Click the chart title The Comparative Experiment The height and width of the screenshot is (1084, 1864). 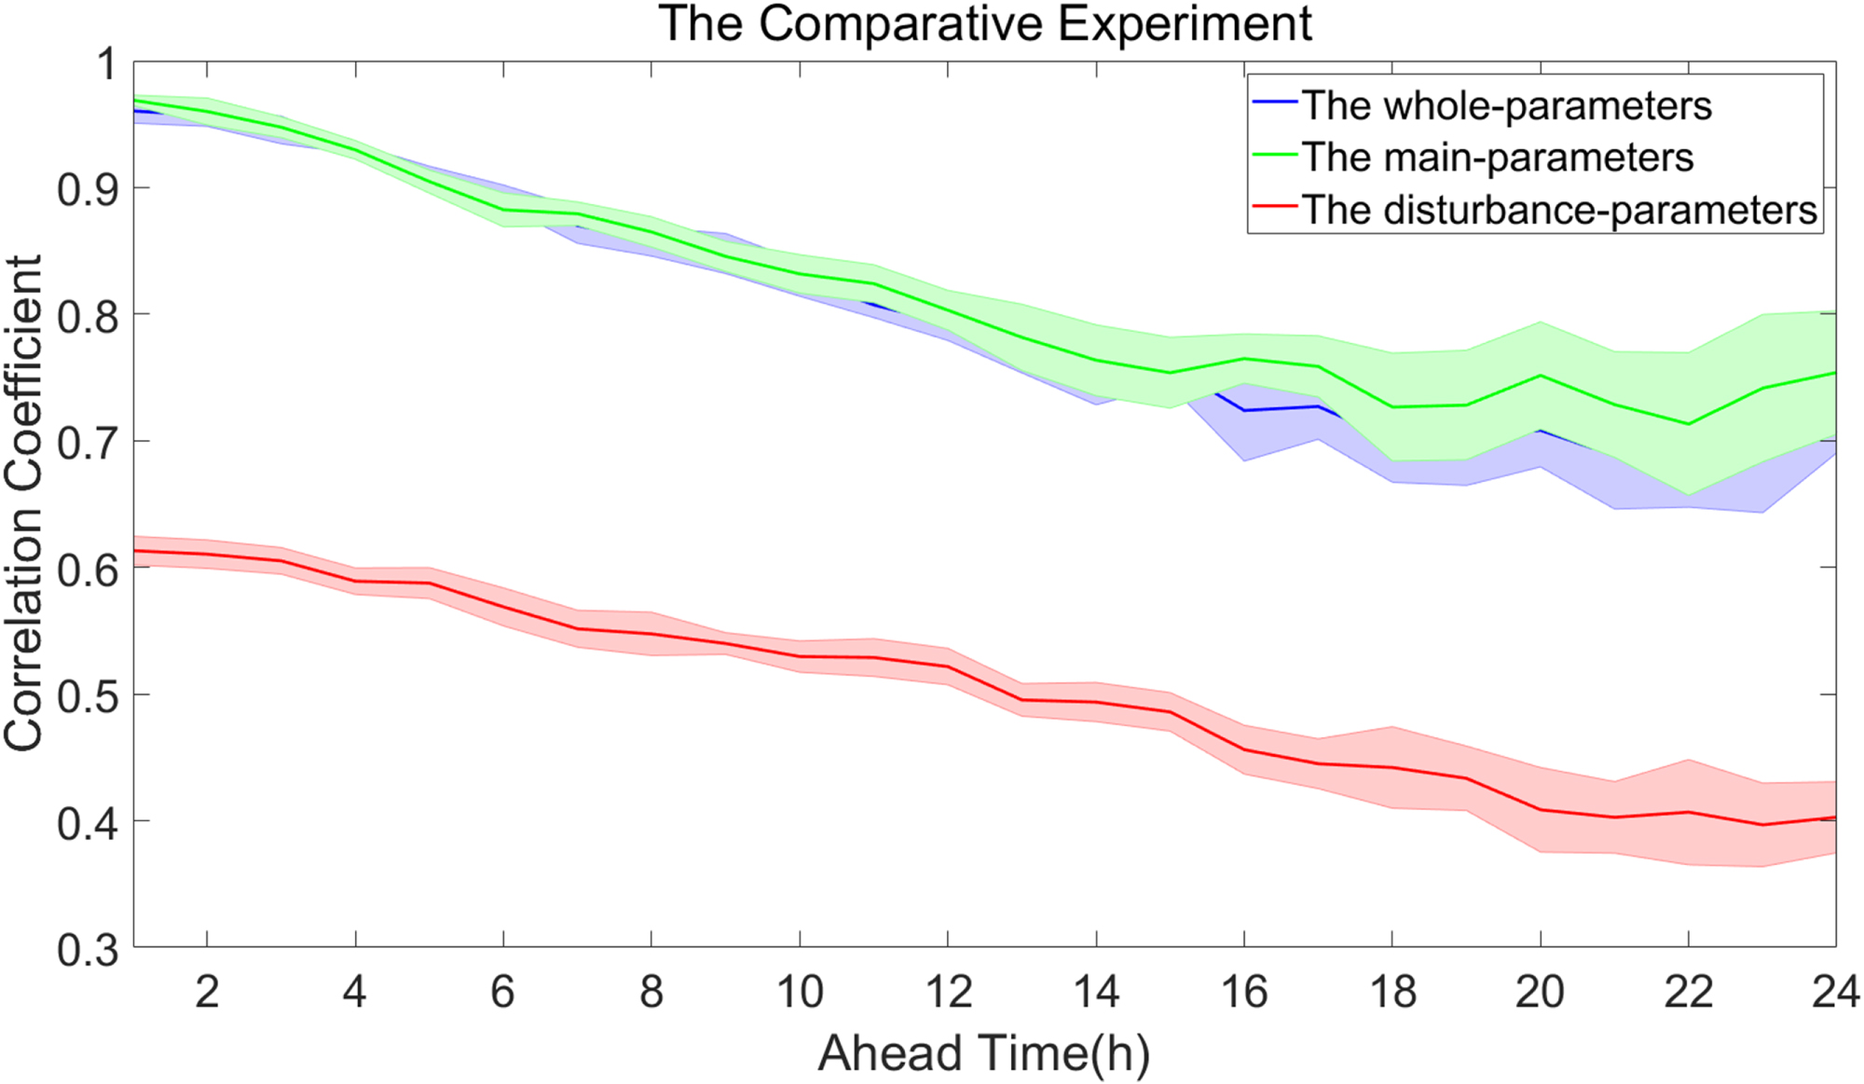click(x=985, y=23)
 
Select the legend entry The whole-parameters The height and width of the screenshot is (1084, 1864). click(x=1506, y=105)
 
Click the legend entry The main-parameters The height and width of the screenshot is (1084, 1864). click(x=1497, y=157)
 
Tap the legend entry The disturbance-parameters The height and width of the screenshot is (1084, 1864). click(x=1558, y=210)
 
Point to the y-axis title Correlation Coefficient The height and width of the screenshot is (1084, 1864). click(x=23, y=503)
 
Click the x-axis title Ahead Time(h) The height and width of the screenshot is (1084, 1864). click(x=984, y=1053)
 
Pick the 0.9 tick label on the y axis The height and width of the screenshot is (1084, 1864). click(x=89, y=189)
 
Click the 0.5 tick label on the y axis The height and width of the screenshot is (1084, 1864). click(x=89, y=695)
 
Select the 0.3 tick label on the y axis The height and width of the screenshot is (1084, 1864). click(x=89, y=949)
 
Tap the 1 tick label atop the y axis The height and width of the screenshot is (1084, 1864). click(x=107, y=64)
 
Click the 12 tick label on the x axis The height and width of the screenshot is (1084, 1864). click(x=948, y=992)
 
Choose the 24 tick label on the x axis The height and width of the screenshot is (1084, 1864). click(x=1835, y=992)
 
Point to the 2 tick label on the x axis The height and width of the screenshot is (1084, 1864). click(x=207, y=992)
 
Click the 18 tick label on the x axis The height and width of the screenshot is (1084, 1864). click(x=1392, y=992)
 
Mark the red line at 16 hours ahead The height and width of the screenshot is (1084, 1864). click(x=1244, y=749)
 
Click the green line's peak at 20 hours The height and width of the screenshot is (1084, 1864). click(x=1541, y=376)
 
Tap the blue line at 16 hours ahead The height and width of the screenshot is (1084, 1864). click(x=1244, y=410)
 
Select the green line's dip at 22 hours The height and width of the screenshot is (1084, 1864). click(x=1688, y=424)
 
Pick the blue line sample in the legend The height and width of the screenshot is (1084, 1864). click(x=1275, y=101)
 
